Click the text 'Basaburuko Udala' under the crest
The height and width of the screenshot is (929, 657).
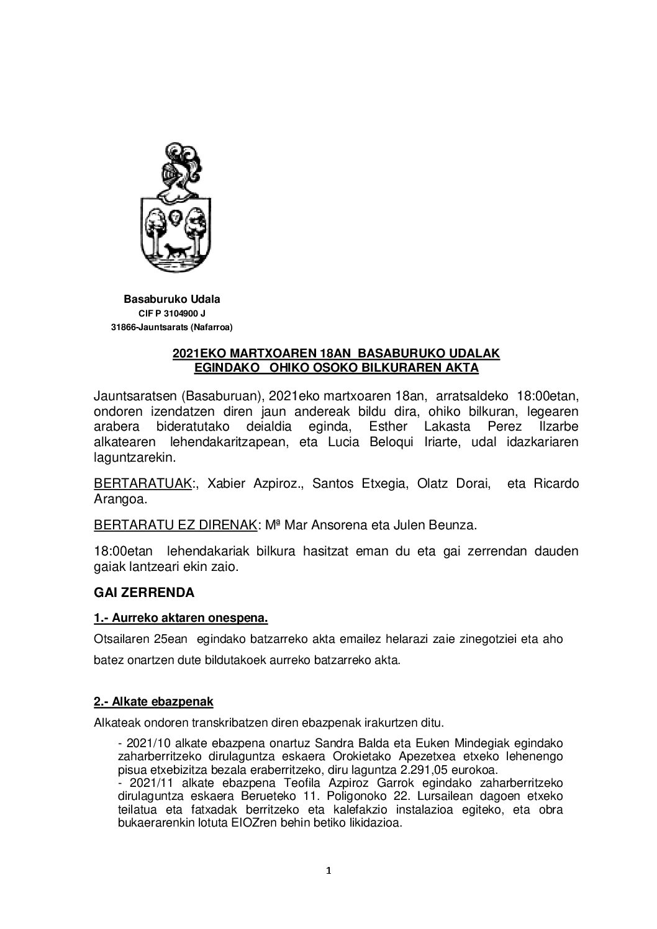pyautogui.click(x=172, y=299)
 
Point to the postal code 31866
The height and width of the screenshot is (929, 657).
pyautogui.click(x=123, y=327)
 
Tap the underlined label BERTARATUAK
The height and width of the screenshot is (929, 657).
pyautogui.click(x=142, y=484)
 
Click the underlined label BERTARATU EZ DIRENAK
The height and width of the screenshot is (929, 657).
pyautogui.click(x=174, y=525)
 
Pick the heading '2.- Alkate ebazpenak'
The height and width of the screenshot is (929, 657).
pyautogui.click(x=153, y=701)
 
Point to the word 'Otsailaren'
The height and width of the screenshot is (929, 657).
pyautogui.click(x=122, y=639)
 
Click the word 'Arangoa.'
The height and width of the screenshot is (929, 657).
pyautogui.click(x=117, y=498)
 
